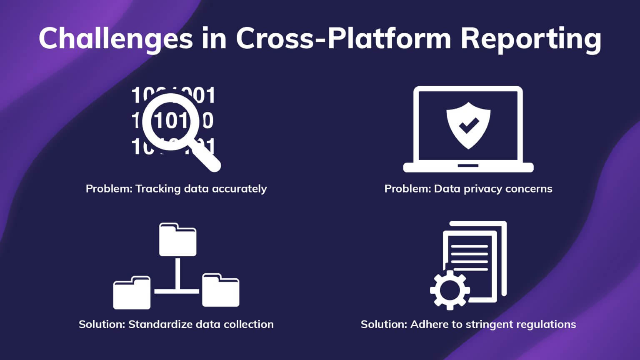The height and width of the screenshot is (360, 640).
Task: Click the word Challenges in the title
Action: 115,38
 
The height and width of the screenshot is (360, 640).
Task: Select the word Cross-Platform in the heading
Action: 344,38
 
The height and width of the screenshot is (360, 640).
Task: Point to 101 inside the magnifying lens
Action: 171,121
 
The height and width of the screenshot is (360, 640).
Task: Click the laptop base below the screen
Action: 468,167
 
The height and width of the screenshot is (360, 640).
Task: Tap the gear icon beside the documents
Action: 450,290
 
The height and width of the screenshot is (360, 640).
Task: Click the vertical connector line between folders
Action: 177,273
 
